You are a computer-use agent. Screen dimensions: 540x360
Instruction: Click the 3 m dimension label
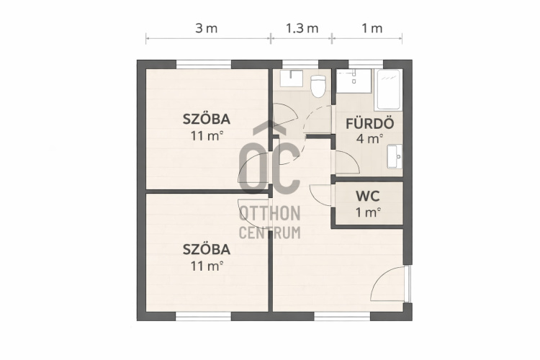click(x=207, y=28)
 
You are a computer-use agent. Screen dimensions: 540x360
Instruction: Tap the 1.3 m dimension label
click(x=302, y=28)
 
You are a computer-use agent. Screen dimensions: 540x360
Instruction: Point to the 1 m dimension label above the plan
click(x=372, y=28)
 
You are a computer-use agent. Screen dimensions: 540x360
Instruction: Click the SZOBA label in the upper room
click(x=207, y=119)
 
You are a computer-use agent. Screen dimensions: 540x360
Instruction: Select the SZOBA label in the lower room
click(x=207, y=249)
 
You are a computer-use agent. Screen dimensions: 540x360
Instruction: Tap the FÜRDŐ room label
click(x=369, y=123)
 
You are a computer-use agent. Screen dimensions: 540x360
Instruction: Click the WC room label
click(x=368, y=197)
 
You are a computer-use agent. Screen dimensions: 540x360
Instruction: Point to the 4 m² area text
click(x=369, y=138)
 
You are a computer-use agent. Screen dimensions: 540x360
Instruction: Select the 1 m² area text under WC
click(x=368, y=212)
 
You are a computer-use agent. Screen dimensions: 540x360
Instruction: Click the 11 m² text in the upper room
click(x=207, y=136)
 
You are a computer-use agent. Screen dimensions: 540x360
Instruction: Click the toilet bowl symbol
click(x=318, y=86)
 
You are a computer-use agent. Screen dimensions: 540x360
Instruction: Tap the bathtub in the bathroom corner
click(x=388, y=89)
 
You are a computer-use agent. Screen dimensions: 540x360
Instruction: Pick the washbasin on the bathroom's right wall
click(x=395, y=156)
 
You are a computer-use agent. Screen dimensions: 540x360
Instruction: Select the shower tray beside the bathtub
click(x=354, y=81)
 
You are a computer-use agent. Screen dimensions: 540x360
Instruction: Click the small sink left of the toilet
click(x=291, y=78)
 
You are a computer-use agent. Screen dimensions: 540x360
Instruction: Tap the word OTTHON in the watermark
click(x=270, y=214)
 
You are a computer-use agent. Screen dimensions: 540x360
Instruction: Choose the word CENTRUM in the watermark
click(x=270, y=233)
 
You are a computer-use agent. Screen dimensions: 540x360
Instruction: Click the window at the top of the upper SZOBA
click(x=204, y=64)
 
